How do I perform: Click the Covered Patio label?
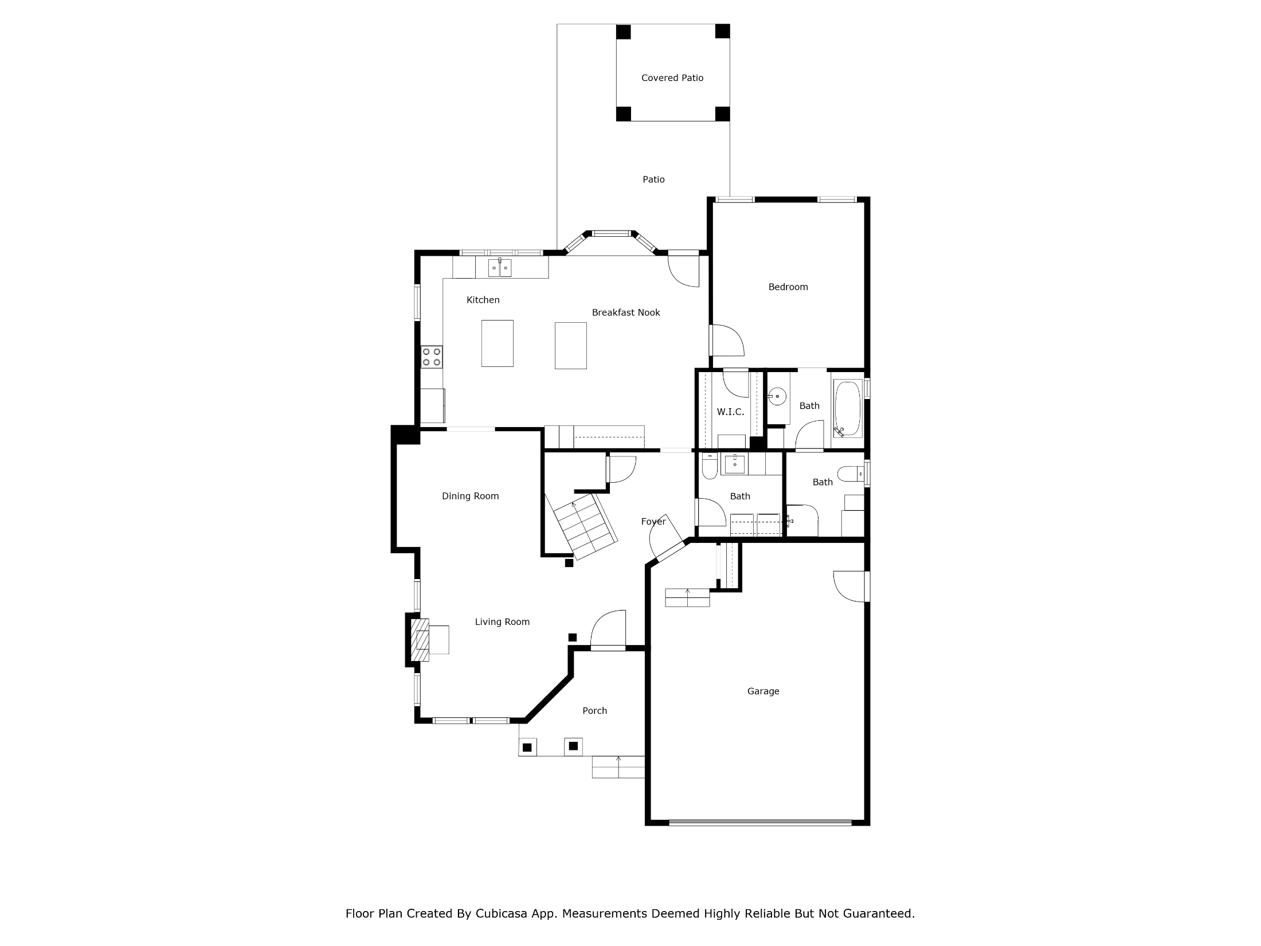tap(672, 78)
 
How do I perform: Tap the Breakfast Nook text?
tap(626, 312)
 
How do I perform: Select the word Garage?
tap(763, 691)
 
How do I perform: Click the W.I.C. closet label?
tap(730, 412)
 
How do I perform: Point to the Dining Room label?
tap(470, 496)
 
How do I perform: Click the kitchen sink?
tap(500, 268)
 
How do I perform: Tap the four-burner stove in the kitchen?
tap(432, 357)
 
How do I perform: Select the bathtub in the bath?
tap(847, 409)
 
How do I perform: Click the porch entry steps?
tap(618, 767)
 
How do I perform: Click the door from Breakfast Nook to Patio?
tap(684, 269)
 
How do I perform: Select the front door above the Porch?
tap(608, 631)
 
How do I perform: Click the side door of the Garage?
tap(852, 587)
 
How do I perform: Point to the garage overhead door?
tap(760, 823)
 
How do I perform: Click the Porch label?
tap(594, 711)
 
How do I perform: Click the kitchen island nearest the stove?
tap(497, 343)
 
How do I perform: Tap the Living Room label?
tap(502, 622)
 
